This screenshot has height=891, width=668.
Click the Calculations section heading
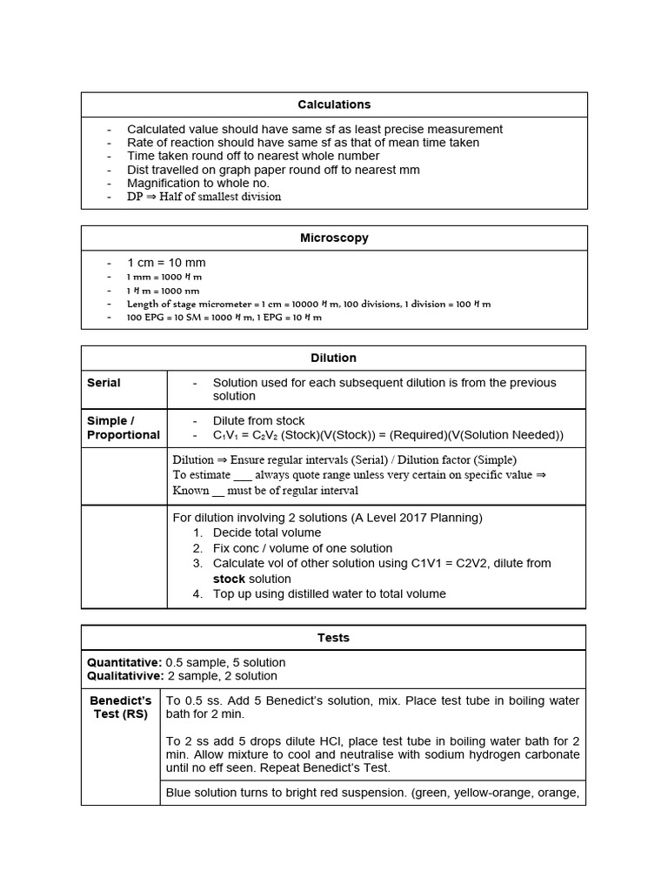coord(334,104)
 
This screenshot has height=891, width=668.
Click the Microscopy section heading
coord(334,238)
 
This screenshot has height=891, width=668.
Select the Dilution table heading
coord(334,358)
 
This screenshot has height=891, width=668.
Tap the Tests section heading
coord(334,638)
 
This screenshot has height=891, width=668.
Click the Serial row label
coord(104,383)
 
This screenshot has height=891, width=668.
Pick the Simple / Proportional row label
coord(123,428)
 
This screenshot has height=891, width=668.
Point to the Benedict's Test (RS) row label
coord(120,707)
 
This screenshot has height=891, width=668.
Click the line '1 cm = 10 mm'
coord(166,263)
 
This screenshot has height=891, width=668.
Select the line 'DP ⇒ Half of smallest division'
coord(204,197)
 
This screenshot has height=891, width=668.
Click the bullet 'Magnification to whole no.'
coord(198,183)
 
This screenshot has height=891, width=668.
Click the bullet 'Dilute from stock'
coord(258,421)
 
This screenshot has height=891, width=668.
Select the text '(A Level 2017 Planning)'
coord(417,518)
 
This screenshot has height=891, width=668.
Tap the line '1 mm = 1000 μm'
coord(164,277)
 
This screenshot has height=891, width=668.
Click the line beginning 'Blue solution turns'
coord(372,793)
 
